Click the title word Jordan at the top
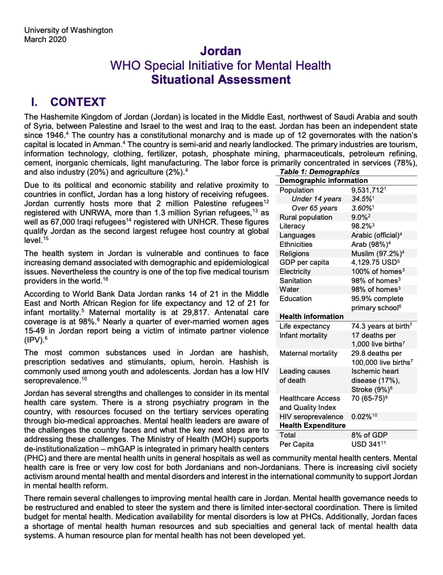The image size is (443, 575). coord(221,51)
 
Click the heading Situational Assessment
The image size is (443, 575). coord(221,80)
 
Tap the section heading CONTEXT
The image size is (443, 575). coord(77,102)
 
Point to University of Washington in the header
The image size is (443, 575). coord(68,30)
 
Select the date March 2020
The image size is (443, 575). coord(45,39)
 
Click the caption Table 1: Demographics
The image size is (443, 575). coord(320,172)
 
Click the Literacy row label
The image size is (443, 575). coord(292,226)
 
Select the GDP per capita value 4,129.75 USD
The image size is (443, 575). coord(373,262)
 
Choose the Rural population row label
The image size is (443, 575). coord(306,217)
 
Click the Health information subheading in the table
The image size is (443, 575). coord(311,317)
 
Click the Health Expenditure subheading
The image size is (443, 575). coord(312,425)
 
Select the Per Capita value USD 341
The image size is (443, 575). coord(369,444)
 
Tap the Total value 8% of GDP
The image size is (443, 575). coord(369,435)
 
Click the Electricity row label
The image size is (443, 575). coord(295,272)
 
